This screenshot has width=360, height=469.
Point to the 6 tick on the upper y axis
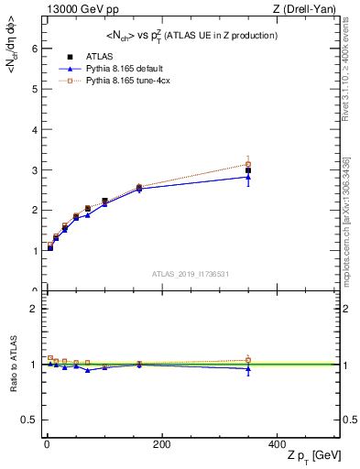click(36, 49)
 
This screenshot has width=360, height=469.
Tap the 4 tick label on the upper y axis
click(36, 129)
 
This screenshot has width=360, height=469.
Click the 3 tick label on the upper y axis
click(36, 169)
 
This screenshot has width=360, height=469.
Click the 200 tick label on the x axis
click(162, 444)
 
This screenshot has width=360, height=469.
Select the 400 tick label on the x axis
click(277, 444)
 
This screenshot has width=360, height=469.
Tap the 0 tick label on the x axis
click(47, 444)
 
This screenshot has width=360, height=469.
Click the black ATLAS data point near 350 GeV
click(248, 170)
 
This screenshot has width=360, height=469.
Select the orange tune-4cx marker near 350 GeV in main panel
click(248, 164)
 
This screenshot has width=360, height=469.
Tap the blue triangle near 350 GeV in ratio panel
click(248, 368)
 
